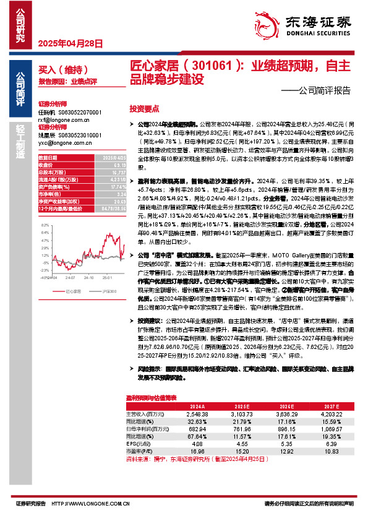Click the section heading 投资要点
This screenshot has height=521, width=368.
point(145,107)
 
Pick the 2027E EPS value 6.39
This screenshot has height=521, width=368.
point(333,444)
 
